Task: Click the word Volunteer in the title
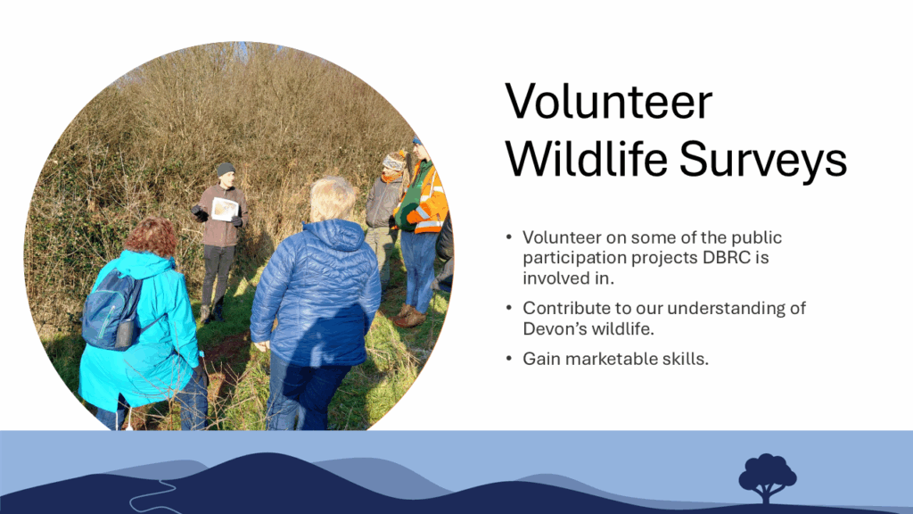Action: pos(608,102)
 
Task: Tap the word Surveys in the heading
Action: pos(763,162)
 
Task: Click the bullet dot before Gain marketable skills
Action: pos(509,359)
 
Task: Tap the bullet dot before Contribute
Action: pos(509,308)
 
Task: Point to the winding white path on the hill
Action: pos(150,495)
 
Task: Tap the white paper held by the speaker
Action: pos(224,209)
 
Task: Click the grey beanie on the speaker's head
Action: pos(226,169)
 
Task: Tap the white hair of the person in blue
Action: pos(332,198)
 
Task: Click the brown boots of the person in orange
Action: pos(410,317)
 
